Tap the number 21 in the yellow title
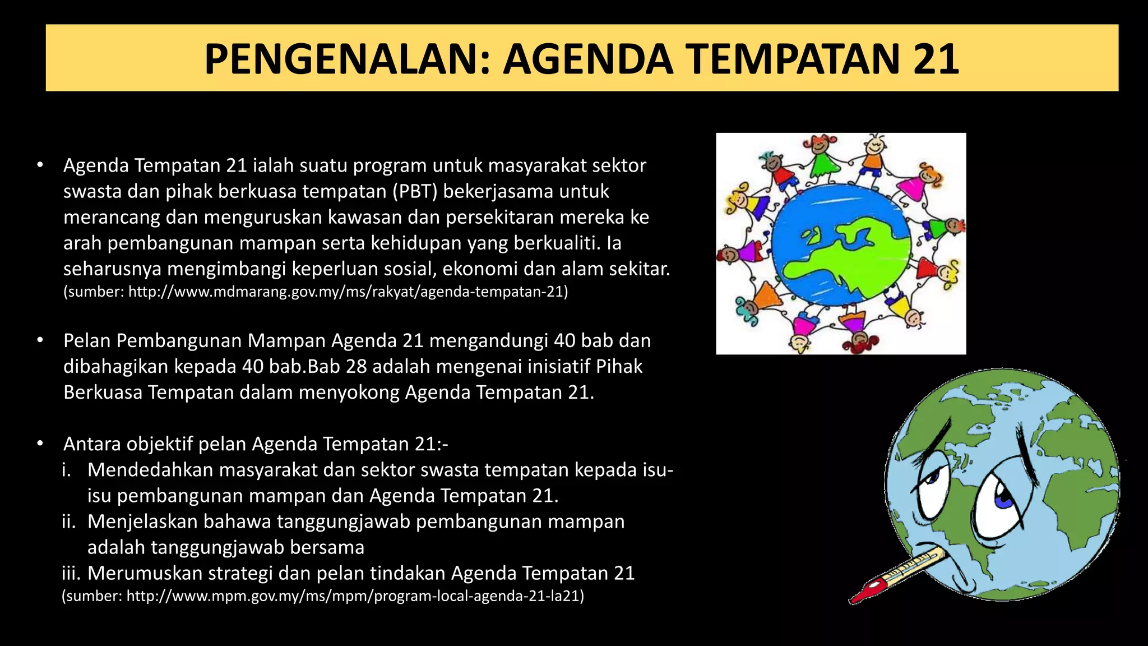(936, 59)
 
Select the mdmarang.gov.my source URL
(348, 292)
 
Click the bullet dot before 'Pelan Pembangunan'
(40, 340)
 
